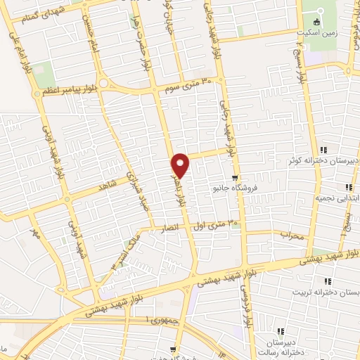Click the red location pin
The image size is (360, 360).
pos(181,165)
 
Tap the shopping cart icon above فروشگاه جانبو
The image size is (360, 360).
pos(234,177)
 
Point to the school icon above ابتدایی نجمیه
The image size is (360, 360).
pos(348,187)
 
